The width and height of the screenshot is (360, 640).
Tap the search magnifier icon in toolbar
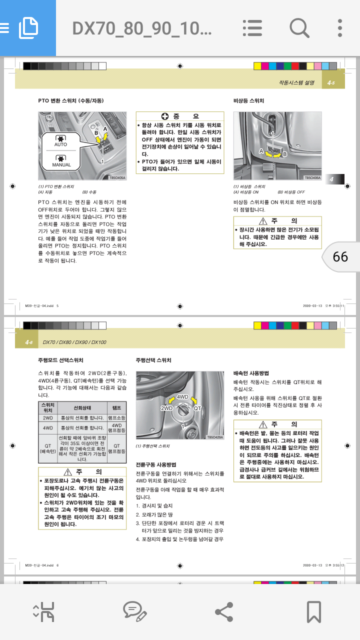[299, 27]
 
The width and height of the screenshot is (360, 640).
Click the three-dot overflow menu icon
[340, 27]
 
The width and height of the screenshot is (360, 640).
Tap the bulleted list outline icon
[252, 27]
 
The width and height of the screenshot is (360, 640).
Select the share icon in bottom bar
[223, 611]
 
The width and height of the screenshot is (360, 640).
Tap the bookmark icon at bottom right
[313, 611]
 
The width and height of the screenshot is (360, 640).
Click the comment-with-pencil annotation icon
[134, 611]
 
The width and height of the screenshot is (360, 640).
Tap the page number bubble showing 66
[340, 256]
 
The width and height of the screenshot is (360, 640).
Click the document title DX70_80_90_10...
[142, 28]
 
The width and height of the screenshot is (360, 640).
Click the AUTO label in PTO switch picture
[60, 144]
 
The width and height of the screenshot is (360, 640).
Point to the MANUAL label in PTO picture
[61, 164]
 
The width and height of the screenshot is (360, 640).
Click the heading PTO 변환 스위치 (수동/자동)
[71, 101]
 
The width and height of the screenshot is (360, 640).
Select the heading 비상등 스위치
[249, 101]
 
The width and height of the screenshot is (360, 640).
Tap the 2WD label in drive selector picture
[166, 408]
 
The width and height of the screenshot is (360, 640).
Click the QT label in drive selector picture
[197, 408]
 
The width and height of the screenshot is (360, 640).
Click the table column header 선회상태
[82, 408]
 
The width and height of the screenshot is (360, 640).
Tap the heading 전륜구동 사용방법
[156, 464]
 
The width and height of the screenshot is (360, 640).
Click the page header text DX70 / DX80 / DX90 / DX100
[74, 342]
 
